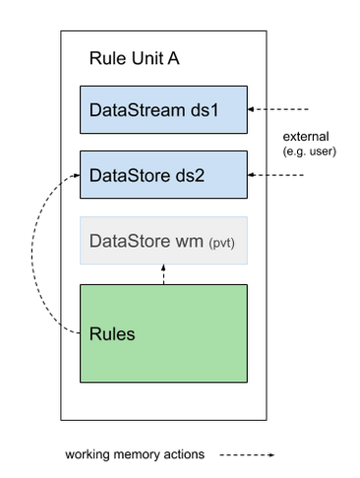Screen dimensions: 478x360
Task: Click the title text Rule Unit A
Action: (133, 59)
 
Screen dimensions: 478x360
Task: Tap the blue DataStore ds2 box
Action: (163, 175)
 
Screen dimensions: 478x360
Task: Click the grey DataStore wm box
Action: (163, 241)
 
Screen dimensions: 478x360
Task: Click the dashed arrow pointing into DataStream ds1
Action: (280, 107)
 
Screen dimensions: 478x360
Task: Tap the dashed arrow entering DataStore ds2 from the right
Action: (280, 175)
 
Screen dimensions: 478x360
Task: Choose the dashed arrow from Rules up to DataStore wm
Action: (163, 274)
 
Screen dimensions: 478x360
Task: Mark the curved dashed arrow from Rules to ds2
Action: (41, 256)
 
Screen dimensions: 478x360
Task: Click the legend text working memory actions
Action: (134, 455)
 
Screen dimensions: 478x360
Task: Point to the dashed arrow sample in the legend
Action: (247, 455)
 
